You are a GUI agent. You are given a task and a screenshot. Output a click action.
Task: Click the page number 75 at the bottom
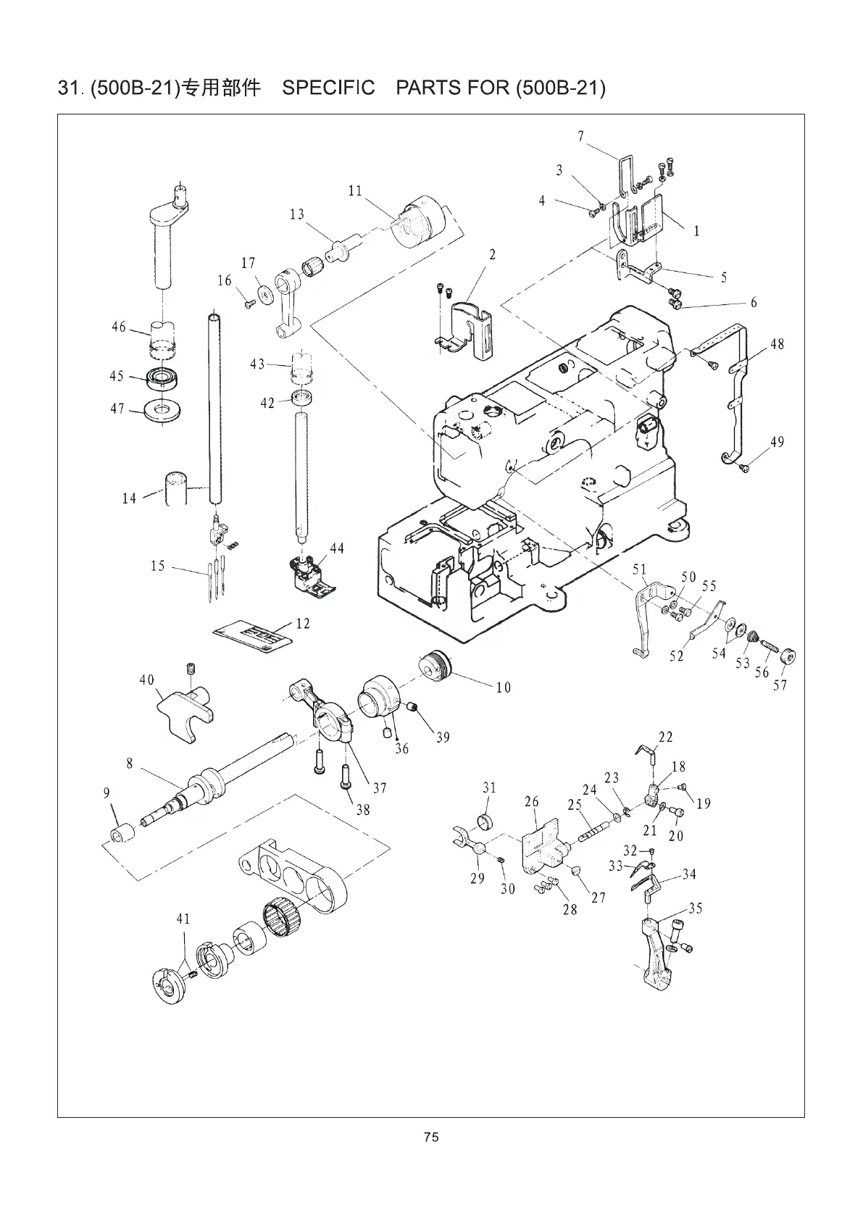coord(431,1137)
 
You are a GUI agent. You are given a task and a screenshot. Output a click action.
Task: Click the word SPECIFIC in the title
coord(328,88)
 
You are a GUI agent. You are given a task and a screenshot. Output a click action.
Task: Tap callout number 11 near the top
coord(355,191)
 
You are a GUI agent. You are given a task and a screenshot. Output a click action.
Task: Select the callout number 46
coord(119,327)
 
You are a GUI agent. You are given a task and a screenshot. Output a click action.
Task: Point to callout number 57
coord(780,685)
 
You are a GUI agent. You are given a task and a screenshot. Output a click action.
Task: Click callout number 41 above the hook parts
coord(183,919)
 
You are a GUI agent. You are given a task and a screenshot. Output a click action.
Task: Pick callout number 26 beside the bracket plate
coord(532,802)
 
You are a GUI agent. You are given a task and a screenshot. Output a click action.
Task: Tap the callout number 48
coord(777,344)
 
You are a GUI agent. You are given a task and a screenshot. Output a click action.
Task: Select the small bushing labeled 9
coord(120,833)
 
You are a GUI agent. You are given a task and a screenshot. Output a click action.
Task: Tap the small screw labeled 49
coord(743,469)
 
